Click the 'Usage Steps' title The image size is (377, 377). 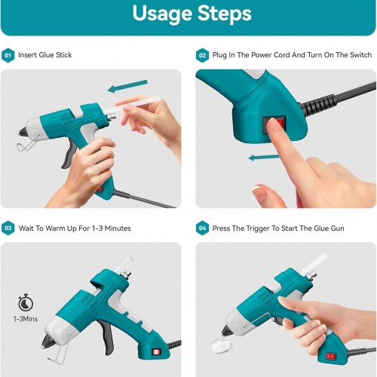pos(192,14)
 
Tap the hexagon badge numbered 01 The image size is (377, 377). pos(8,55)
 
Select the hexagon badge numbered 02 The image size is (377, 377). pos(202,55)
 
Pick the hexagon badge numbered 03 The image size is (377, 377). pos(8,228)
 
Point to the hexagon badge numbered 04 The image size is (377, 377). pos(202,228)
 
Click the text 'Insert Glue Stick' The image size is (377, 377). pos(45,55)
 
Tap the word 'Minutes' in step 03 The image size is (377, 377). pos(118,228)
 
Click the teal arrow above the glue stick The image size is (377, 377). pos(127,86)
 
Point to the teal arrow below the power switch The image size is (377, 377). pos(264,158)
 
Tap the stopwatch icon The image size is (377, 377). pos(26,302)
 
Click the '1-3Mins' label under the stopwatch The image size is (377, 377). pos(26,319)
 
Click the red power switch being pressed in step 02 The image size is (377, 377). pos(280,124)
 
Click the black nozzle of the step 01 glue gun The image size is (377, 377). pos(23,131)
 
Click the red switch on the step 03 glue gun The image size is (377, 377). pos(156,352)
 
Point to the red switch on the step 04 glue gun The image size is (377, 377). pos(330,356)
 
